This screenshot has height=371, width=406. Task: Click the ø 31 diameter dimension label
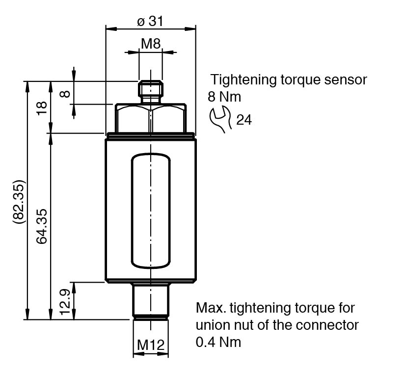(150, 21)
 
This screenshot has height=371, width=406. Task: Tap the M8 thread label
(151, 44)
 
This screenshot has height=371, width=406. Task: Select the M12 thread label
(150, 345)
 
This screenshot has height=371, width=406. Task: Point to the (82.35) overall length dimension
(19, 202)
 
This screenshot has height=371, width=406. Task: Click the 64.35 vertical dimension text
(42, 226)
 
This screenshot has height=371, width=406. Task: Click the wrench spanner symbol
(220, 119)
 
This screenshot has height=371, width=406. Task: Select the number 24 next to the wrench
(244, 120)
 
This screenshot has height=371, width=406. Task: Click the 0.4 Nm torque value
(218, 342)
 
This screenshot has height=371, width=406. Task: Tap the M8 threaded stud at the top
(151, 90)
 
